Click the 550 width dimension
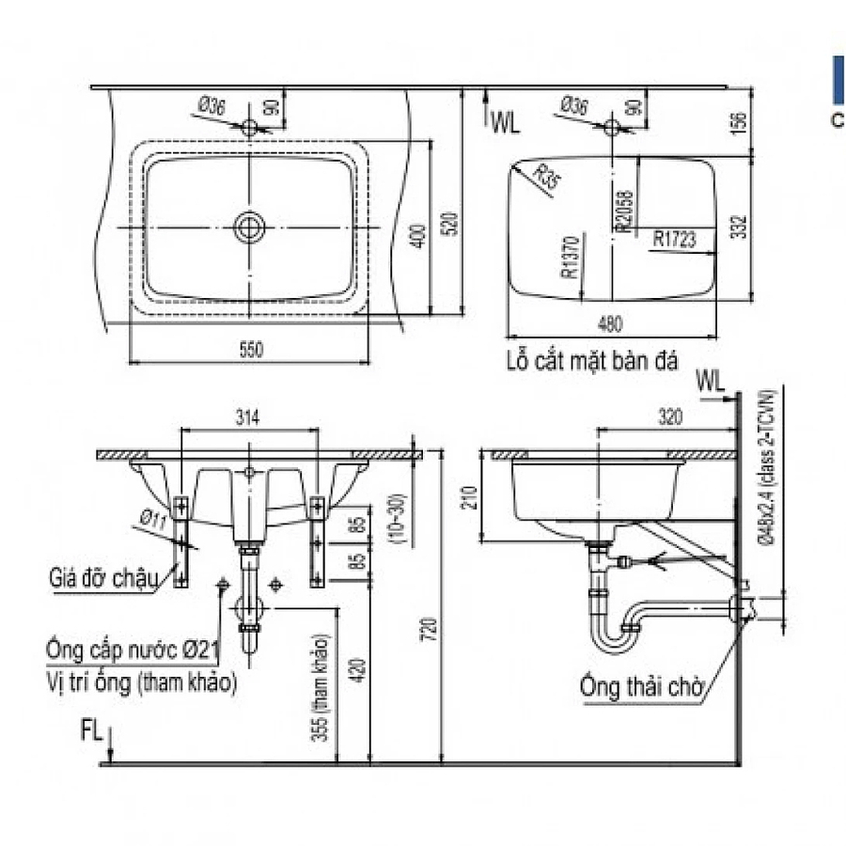point(250,350)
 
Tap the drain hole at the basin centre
point(250,227)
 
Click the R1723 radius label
point(675,241)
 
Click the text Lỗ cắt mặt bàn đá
point(590,362)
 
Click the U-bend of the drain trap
point(613,641)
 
